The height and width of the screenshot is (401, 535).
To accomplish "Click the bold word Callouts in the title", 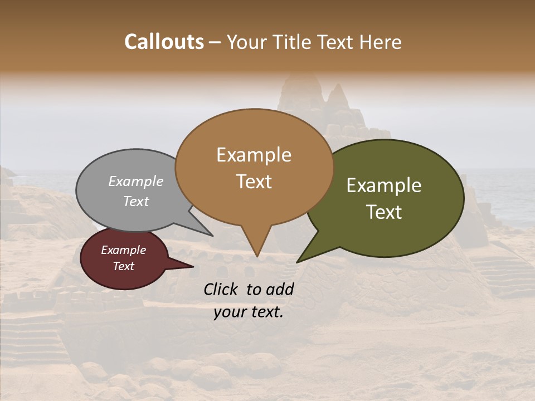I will (164, 42).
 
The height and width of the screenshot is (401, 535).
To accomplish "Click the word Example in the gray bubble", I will (136, 181).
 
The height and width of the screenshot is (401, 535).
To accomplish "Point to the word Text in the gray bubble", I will (136, 201).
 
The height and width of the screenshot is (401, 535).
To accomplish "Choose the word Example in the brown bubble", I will (254, 155).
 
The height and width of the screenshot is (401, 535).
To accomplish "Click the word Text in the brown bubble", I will (254, 182).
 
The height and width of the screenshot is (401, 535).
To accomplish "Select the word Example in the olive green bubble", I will (384, 185).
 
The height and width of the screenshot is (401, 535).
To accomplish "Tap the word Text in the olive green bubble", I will (384, 212).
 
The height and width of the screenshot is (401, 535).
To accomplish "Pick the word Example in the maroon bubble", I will (123, 250).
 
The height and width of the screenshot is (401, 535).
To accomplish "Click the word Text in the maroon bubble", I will (123, 266).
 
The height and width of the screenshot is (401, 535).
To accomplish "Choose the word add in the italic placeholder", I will (280, 289).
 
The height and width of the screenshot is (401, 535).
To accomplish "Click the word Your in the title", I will (246, 42).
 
